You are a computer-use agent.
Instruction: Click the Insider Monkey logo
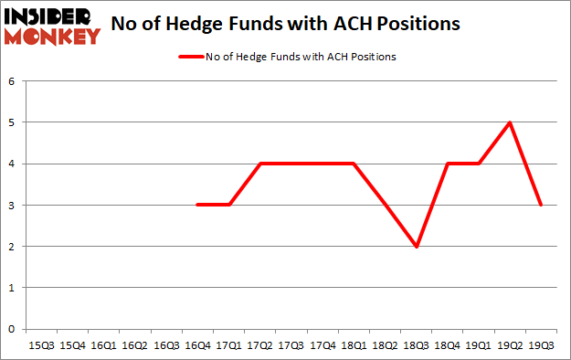pyautogui.click(x=52, y=25)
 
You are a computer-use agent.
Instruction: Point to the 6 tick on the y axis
pyautogui.click(x=13, y=81)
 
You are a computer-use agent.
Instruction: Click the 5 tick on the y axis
pyautogui.click(x=13, y=122)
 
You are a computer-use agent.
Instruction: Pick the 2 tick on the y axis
pyautogui.click(x=13, y=247)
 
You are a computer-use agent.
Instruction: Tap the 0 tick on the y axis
pyautogui.click(x=13, y=329)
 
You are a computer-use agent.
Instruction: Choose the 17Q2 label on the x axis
pyautogui.click(x=260, y=345)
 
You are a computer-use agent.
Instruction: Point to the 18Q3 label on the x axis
pyautogui.click(x=416, y=345)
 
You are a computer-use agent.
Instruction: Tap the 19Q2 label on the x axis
pyautogui.click(x=509, y=345)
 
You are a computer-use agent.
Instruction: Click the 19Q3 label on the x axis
pyautogui.click(x=540, y=345)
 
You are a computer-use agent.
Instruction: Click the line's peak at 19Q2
pyautogui.click(x=509, y=122)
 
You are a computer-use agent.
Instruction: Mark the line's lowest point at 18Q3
pyautogui.click(x=416, y=247)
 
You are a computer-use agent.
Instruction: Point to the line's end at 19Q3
pyautogui.click(x=540, y=205)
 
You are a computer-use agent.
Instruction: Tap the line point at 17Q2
pyautogui.click(x=260, y=164)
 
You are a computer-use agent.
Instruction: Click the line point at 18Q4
pyautogui.click(x=447, y=164)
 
